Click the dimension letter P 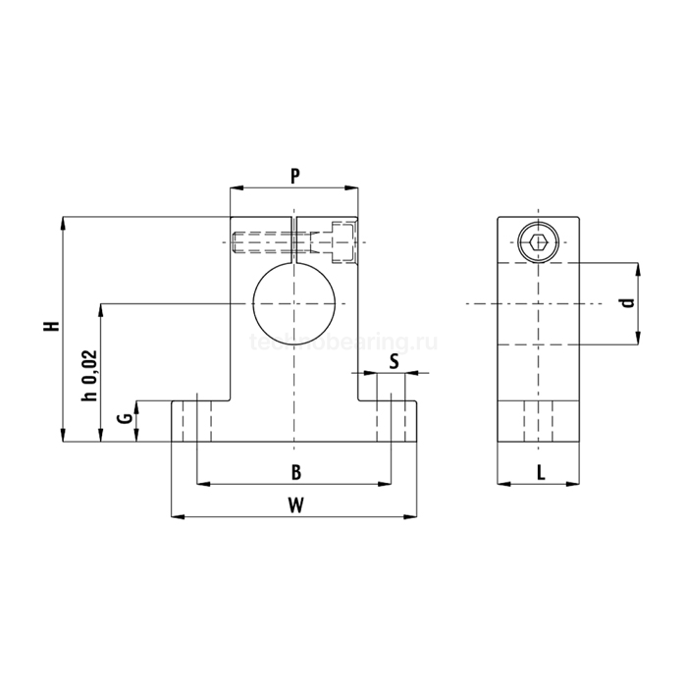pos(295,176)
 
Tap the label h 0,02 pos(89,376)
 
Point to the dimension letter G pos(126,418)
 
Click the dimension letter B pos(296,473)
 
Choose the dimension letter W pos(296,505)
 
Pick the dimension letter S pos(395,362)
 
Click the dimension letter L pos(541,473)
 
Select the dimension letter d pos(629,302)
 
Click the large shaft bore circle pos(253,303)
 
